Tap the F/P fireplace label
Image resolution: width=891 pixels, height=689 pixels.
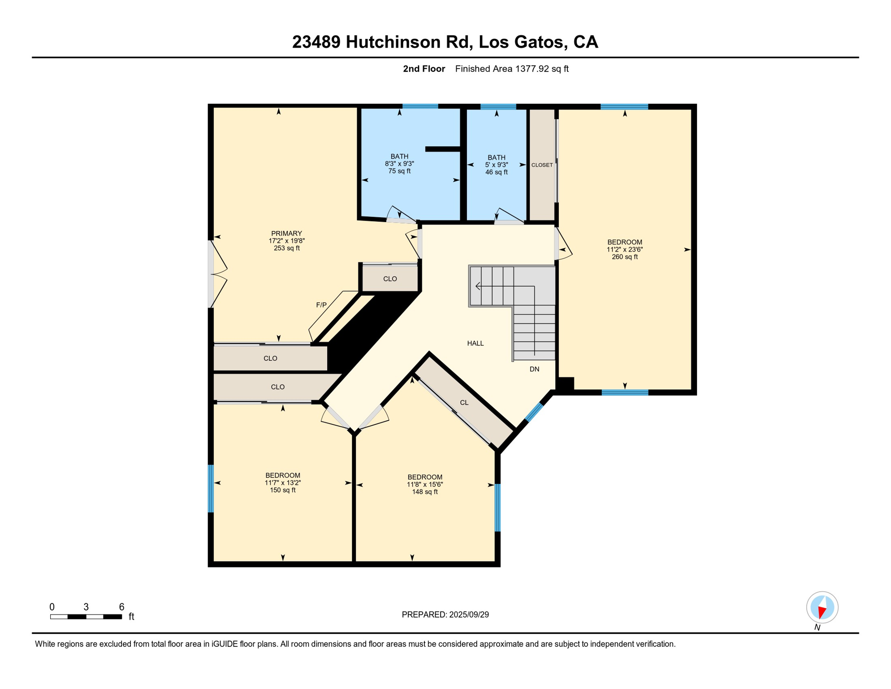321,305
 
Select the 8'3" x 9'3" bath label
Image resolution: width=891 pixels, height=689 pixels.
399,164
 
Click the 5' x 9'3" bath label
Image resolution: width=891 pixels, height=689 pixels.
497,165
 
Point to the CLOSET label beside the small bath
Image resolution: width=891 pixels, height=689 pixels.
542,165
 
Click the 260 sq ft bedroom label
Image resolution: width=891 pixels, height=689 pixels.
624,249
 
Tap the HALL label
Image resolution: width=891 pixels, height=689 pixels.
475,343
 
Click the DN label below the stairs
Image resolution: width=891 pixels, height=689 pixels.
534,369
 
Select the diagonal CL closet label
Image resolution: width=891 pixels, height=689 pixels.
464,402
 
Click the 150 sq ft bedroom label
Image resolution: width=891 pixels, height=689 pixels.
283,483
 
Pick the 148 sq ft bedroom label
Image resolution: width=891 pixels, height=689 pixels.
424,484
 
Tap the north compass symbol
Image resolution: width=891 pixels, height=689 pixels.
822,607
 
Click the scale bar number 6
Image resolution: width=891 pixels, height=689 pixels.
121,607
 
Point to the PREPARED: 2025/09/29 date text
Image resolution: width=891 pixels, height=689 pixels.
445,615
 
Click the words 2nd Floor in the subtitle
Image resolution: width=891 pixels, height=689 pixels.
424,69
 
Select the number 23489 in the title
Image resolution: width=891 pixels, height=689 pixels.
316,42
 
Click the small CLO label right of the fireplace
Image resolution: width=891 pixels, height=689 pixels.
390,279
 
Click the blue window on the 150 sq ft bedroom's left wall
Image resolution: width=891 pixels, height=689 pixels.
211,488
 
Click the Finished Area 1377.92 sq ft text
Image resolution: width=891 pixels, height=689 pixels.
511,69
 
